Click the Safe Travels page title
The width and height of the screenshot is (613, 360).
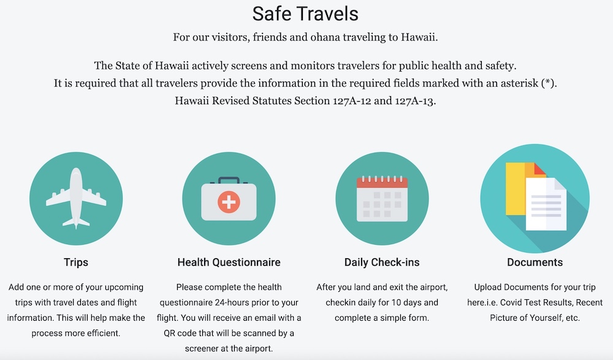coord(305,13)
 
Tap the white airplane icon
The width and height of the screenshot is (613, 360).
coord(76,198)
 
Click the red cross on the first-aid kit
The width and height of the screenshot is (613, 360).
coord(229,202)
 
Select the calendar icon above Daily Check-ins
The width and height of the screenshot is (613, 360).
coord(382,199)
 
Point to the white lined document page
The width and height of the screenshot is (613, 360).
coord(546,204)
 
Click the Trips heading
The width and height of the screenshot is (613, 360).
coord(76,262)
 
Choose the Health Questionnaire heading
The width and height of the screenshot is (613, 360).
coord(229,262)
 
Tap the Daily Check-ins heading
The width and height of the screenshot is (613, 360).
coord(382,262)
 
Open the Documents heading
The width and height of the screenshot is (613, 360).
coord(535,262)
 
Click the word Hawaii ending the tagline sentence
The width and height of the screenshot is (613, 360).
coord(419,37)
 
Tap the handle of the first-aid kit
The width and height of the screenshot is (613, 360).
coord(229,180)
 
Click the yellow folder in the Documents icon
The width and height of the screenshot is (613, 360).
coord(516,189)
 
